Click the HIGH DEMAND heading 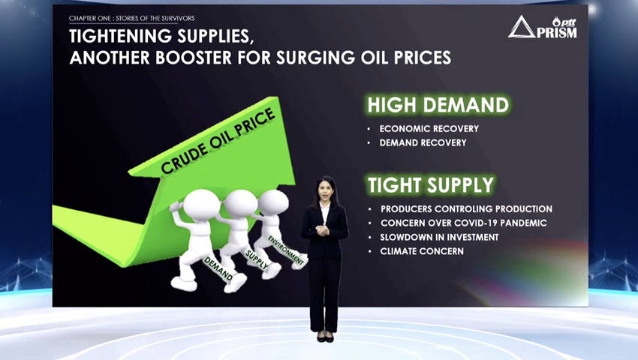[x=438, y=105]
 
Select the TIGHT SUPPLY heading [x=431, y=184]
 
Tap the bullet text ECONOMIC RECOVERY [x=429, y=128]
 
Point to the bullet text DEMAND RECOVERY [x=423, y=142]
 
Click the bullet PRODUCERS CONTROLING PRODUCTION [x=466, y=209]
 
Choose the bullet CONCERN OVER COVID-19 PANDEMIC [x=463, y=223]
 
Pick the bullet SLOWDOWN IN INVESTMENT [x=439, y=237]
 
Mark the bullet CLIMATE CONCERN [x=422, y=251]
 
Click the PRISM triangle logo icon [x=521, y=28]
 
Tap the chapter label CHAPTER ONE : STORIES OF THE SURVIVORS [x=132, y=18]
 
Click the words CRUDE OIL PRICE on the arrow [x=218, y=141]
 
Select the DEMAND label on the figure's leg [x=218, y=269]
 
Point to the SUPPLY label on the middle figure [x=257, y=259]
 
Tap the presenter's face [x=326, y=190]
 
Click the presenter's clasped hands [x=322, y=230]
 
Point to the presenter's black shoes [x=325, y=337]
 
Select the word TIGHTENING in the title [x=116, y=36]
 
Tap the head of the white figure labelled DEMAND [x=201, y=205]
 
